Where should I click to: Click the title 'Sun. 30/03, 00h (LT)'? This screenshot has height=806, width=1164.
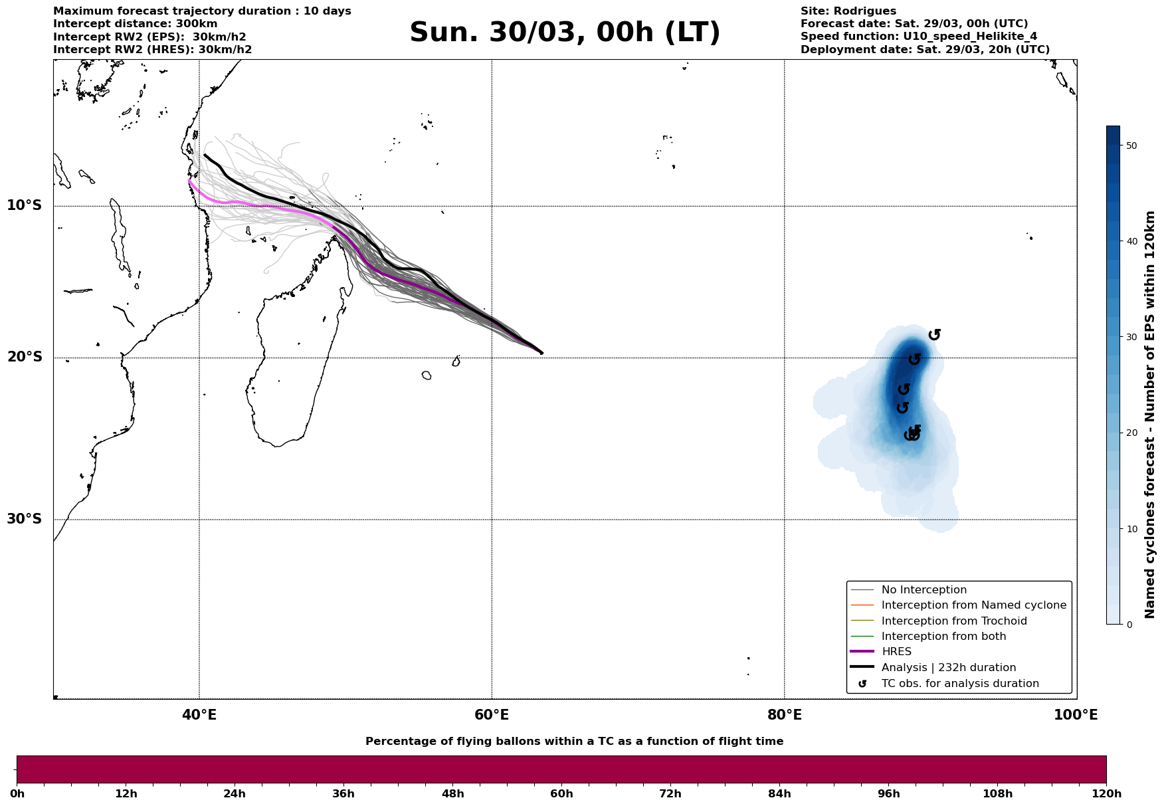[x=565, y=33]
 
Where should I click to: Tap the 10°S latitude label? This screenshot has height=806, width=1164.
[x=25, y=205]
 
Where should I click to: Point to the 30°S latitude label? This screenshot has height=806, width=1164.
[x=25, y=519]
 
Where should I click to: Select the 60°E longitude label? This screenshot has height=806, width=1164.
[x=492, y=715]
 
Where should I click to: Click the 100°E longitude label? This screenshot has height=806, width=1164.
[x=1076, y=715]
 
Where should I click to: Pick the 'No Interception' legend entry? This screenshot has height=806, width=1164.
[x=923, y=590]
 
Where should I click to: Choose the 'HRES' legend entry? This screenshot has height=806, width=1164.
[x=896, y=652]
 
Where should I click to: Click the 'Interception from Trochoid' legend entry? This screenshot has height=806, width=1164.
[x=953, y=621]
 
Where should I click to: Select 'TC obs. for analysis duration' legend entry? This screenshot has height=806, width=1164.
[x=959, y=684]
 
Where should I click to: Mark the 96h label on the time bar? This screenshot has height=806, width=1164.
[x=889, y=793]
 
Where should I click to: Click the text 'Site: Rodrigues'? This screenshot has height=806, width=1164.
[x=848, y=11]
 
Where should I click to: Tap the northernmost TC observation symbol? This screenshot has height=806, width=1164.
[x=934, y=334]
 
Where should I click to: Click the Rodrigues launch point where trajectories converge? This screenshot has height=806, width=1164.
[x=541, y=353]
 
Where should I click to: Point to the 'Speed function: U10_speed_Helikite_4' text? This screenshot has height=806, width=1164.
[x=918, y=37]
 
